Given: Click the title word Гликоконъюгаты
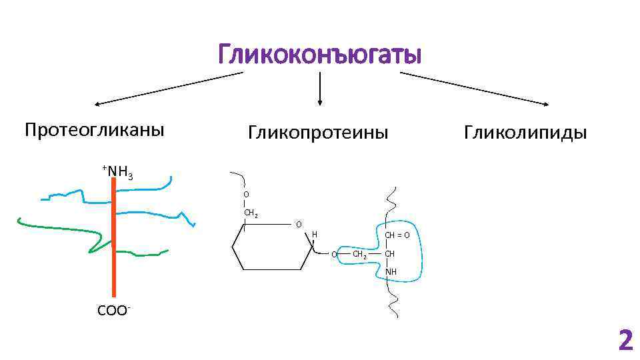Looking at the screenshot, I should point(319,55).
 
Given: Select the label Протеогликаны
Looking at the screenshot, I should point(94,129).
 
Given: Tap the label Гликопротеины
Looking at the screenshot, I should point(318,133).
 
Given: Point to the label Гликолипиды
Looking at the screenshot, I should point(526,133).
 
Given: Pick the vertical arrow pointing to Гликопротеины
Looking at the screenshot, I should point(321,89).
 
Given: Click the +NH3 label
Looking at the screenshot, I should point(117,173).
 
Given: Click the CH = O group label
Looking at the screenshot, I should point(397,235).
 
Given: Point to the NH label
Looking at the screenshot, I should point(391,272).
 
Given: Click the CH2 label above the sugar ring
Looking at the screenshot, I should point(251,213).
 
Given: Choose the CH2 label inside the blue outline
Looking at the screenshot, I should point(359,254).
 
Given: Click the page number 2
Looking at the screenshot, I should point(625,341).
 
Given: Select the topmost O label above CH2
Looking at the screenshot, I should point(246,194).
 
